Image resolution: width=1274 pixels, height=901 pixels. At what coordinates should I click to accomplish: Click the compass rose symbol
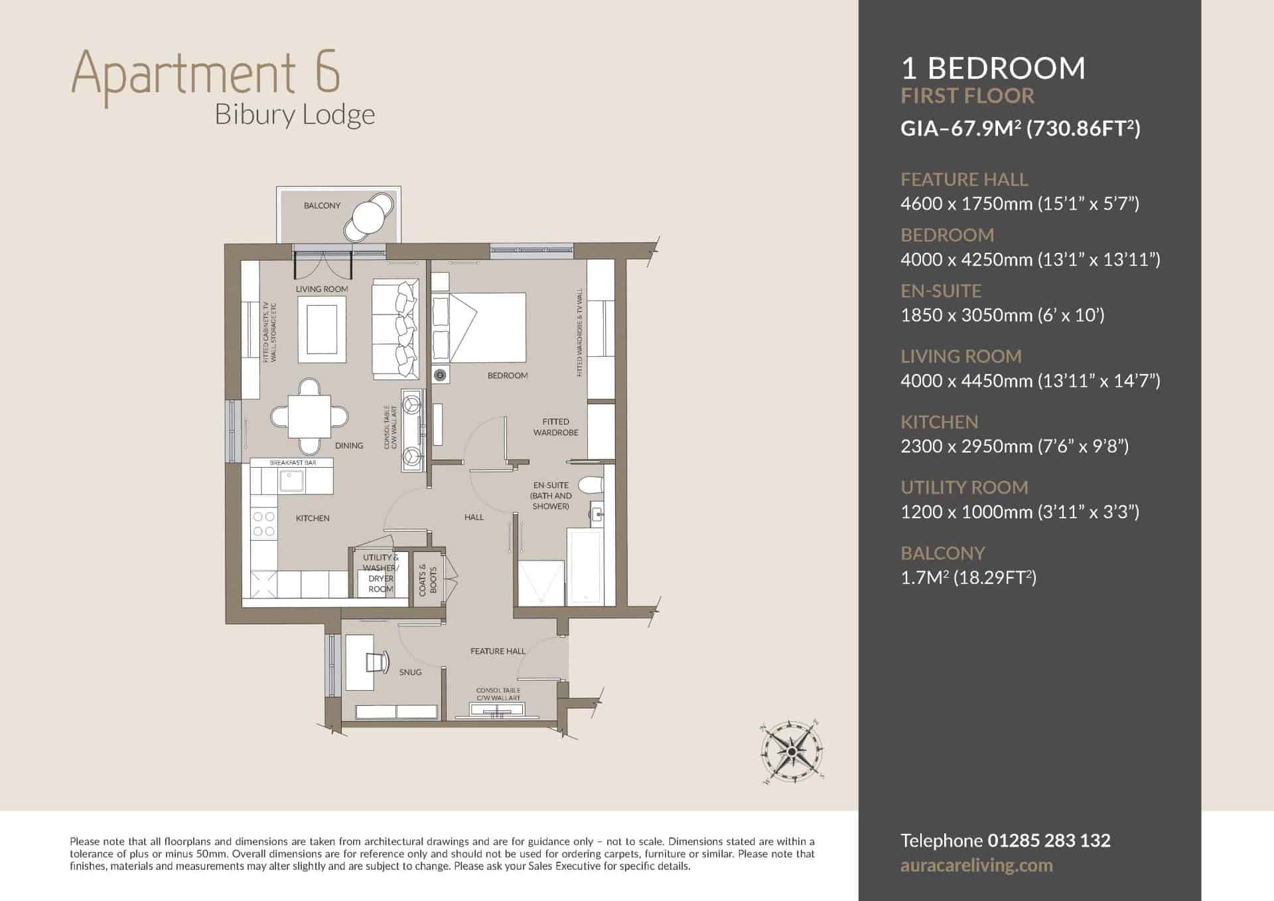click(792, 752)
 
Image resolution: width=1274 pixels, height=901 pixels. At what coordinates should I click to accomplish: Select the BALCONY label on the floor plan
click(322, 206)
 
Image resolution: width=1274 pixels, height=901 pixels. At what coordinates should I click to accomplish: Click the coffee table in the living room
click(322, 330)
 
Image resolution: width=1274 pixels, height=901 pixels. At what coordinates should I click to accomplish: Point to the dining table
click(310, 416)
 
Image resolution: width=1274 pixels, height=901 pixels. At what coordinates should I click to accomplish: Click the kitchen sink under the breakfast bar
click(291, 481)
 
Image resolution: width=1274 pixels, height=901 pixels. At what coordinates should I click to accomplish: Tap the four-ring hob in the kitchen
click(263, 523)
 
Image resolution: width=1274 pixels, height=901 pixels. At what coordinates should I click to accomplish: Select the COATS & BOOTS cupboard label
click(427, 580)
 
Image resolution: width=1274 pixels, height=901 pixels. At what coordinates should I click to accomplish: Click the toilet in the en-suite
click(591, 486)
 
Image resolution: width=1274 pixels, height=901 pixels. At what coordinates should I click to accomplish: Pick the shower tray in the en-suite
click(541, 583)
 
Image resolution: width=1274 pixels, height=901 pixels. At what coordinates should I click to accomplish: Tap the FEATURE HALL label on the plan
click(498, 652)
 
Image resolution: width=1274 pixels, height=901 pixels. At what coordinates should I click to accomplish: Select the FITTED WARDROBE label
click(555, 427)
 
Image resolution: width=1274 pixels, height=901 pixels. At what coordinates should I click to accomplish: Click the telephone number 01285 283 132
click(1049, 841)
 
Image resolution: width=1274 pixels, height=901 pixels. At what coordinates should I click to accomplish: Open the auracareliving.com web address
click(977, 866)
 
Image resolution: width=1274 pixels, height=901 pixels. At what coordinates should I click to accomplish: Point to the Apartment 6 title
click(206, 72)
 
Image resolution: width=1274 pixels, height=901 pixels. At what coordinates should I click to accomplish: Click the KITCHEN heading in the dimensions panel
click(940, 422)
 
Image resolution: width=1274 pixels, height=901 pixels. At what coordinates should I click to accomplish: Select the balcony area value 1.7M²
click(924, 577)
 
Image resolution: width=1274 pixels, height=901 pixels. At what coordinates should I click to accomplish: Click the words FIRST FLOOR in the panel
click(967, 96)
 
